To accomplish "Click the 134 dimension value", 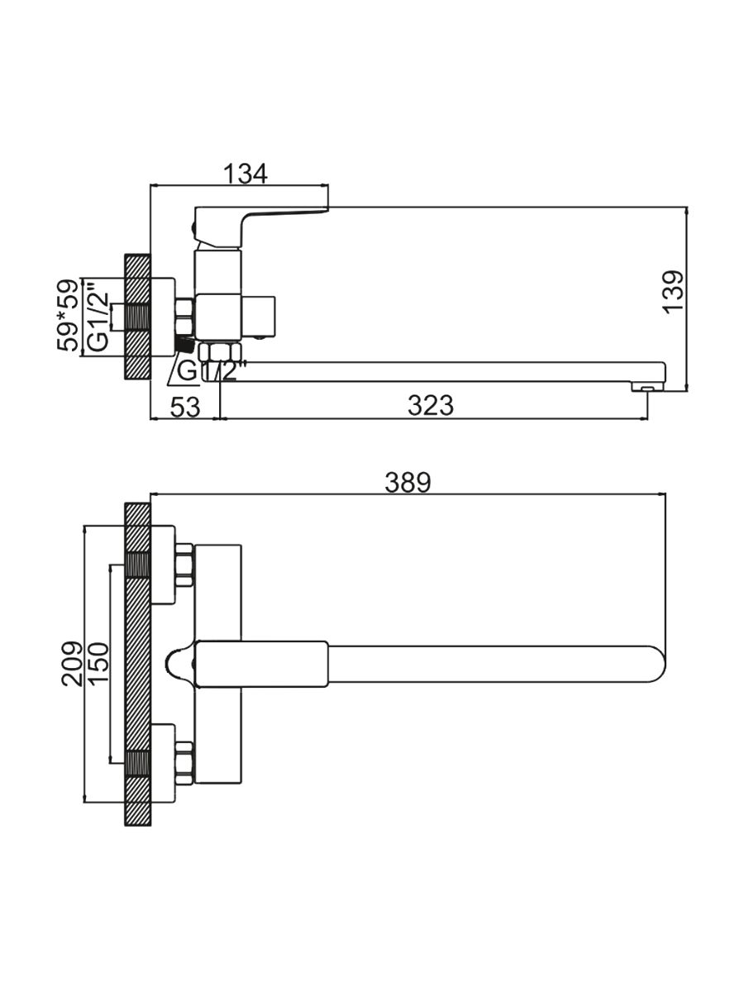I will click(x=246, y=174).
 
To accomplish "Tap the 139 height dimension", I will click(x=675, y=291).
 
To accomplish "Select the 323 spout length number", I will click(x=431, y=406).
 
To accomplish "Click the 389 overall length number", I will click(x=408, y=483).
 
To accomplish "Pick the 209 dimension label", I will click(x=73, y=664).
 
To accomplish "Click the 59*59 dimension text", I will click(x=69, y=315).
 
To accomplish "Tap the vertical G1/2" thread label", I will click(x=98, y=317).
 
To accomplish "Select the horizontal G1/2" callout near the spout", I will click(x=207, y=371).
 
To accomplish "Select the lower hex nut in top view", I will click(x=184, y=762).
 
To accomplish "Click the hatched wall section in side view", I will click(x=137, y=317).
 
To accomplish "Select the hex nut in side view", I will click(x=184, y=315).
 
